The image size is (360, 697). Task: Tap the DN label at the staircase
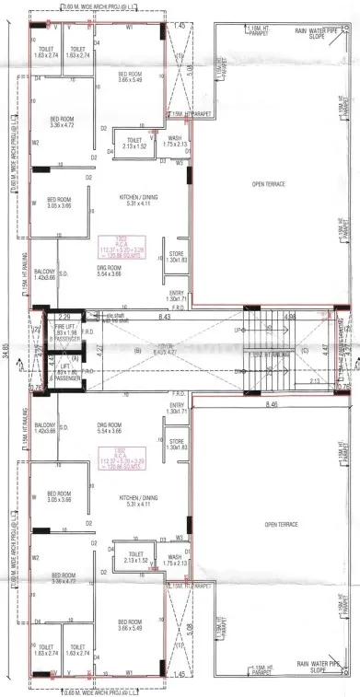(238, 369)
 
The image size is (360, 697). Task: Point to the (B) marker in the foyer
(139, 324)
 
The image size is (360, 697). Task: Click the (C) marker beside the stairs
(305, 325)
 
